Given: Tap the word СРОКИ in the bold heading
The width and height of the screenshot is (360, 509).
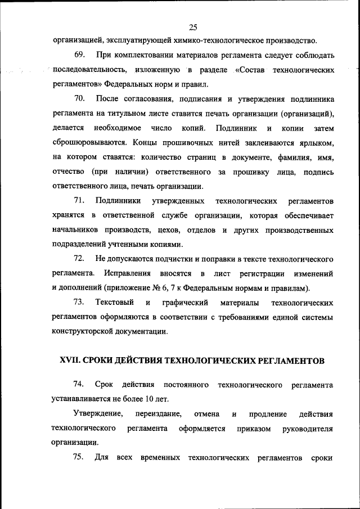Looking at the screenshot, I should (100, 360).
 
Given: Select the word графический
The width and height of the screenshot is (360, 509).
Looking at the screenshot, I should (182, 303).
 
